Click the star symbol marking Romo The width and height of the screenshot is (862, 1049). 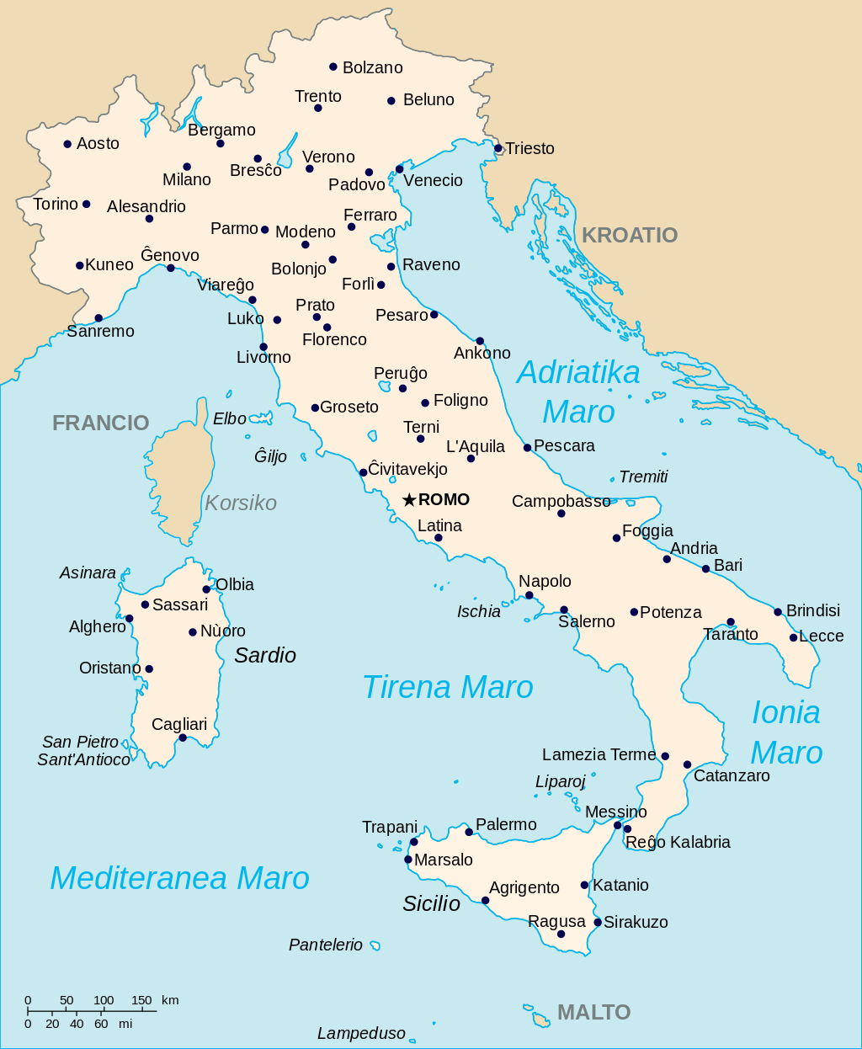(x=409, y=500)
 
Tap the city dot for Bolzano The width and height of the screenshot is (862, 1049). (x=333, y=67)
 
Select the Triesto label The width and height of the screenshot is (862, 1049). (x=529, y=149)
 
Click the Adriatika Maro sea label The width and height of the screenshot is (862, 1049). (x=578, y=391)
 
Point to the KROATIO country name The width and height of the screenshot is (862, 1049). (x=630, y=235)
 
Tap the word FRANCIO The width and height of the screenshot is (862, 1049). (x=100, y=423)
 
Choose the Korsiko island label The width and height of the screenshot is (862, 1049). (x=241, y=503)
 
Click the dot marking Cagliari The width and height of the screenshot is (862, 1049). (x=183, y=737)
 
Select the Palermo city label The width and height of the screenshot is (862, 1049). (x=506, y=824)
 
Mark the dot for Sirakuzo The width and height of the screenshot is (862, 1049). (x=598, y=922)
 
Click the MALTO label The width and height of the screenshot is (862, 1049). (x=593, y=1012)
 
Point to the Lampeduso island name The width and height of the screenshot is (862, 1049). (x=361, y=1033)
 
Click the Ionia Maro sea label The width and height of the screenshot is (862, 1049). (x=785, y=732)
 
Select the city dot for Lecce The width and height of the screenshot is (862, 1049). (x=793, y=637)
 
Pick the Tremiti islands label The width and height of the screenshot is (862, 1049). (x=643, y=477)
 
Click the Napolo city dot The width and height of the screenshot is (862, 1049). (x=529, y=595)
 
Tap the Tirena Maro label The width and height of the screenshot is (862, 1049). (x=447, y=687)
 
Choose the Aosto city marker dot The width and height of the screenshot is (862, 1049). (x=67, y=144)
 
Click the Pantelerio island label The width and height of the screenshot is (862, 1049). (x=326, y=945)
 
